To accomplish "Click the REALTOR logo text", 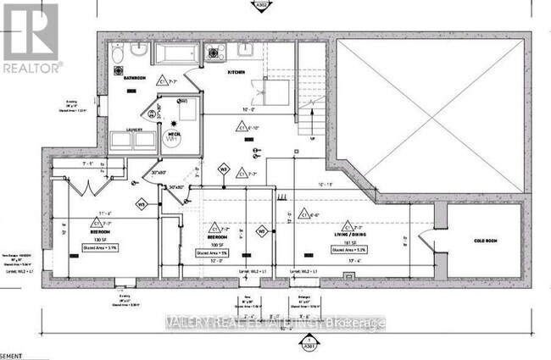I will coord(31,66).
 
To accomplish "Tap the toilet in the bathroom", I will coord(117,54).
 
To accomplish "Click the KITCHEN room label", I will coord(236,75).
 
